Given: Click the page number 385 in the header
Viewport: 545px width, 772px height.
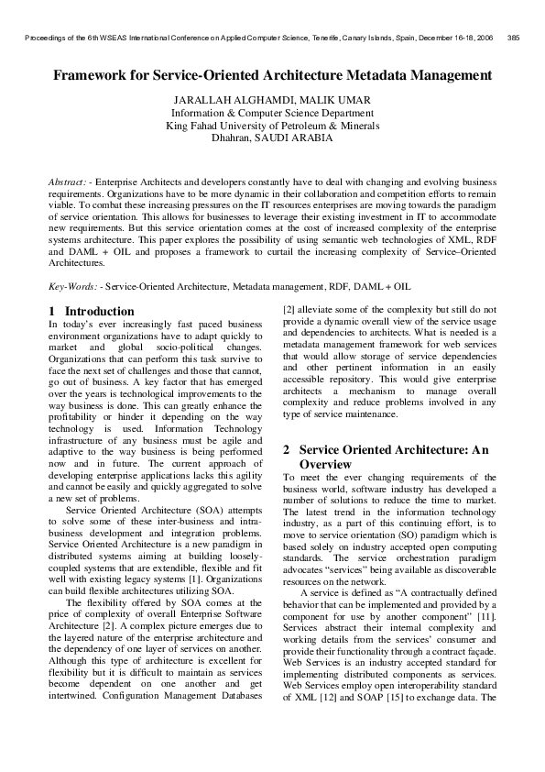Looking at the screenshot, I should click(513, 39).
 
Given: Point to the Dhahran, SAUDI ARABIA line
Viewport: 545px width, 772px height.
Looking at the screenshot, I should click(272, 138).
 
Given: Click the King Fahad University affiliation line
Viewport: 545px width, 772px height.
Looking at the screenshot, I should click(272, 125).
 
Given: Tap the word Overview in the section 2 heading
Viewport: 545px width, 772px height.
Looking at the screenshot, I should click(331, 465).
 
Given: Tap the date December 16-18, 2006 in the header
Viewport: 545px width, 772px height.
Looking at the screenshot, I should click(457, 39).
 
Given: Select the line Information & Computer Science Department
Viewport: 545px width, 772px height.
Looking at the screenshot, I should click(272, 112).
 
